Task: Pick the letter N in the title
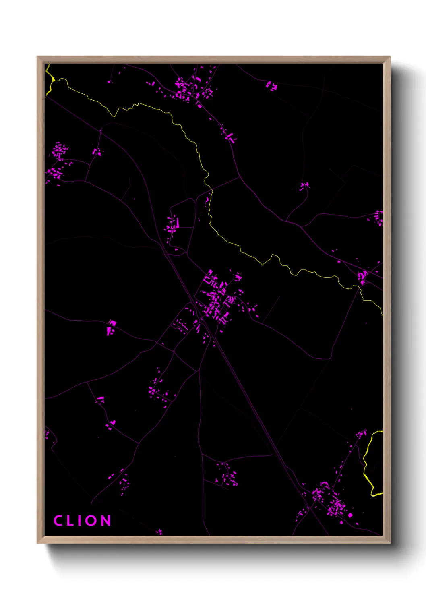pyautogui.click(x=105, y=520)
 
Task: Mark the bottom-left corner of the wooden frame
pyautogui.click(x=38, y=542)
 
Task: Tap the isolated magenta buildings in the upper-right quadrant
pyautogui.click(x=304, y=186)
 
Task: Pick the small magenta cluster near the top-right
pyautogui.click(x=272, y=86)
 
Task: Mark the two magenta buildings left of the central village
pyautogui.click(x=111, y=327)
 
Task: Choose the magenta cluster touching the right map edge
pyautogui.click(x=378, y=217)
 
